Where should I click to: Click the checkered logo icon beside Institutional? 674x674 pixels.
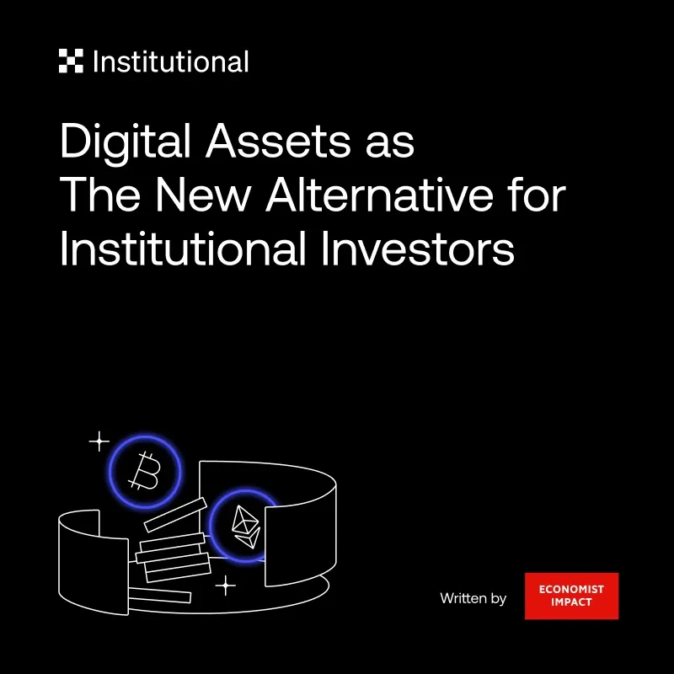pyautogui.click(x=71, y=62)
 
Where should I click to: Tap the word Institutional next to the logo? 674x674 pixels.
pyautogui.click(x=171, y=62)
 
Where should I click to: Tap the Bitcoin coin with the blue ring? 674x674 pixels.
pyautogui.click(x=146, y=472)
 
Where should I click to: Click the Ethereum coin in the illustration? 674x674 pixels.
pyautogui.click(x=245, y=527)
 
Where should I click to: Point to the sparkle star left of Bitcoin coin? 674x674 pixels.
pyautogui.click(x=99, y=441)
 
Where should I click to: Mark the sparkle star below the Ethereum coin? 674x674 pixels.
pyautogui.click(x=225, y=586)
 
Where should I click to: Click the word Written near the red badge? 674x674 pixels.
pyautogui.click(x=463, y=598)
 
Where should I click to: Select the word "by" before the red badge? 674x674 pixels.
pyautogui.click(x=498, y=599)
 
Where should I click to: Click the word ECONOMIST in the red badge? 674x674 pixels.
pyautogui.click(x=571, y=590)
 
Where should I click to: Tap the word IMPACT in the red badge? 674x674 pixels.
pyautogui.click(x=571, y=603)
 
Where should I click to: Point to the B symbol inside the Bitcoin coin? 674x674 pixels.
pyautogui.click(x=145, y=473)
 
